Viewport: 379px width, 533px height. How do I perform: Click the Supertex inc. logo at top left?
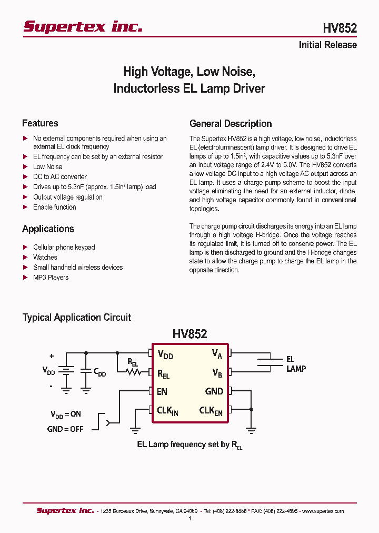coord(83,27)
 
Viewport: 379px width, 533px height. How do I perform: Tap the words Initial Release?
coord(327,45)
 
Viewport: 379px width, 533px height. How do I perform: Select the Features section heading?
coord(40,123)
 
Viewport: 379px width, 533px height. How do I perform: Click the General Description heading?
coord(231,124)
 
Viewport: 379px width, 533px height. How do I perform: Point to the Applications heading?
coord(48,229)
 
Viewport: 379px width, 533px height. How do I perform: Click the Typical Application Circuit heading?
coord(76,317)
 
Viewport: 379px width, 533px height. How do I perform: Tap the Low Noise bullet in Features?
coord(47,166)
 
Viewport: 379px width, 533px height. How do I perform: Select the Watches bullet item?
coord(45,257)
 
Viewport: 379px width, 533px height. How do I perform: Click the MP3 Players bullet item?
coord(51,277)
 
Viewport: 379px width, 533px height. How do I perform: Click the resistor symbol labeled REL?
coord(133,372)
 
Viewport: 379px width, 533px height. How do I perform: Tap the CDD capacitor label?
coord(100,373)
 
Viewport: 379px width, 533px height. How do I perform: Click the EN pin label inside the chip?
coord(162,391)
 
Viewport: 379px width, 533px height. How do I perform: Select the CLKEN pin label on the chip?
coord(211,410)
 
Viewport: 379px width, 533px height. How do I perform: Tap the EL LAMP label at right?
coord(296,364)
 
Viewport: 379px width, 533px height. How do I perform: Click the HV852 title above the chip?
coord(189,333)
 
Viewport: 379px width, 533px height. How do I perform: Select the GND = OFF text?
coord(65,429)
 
